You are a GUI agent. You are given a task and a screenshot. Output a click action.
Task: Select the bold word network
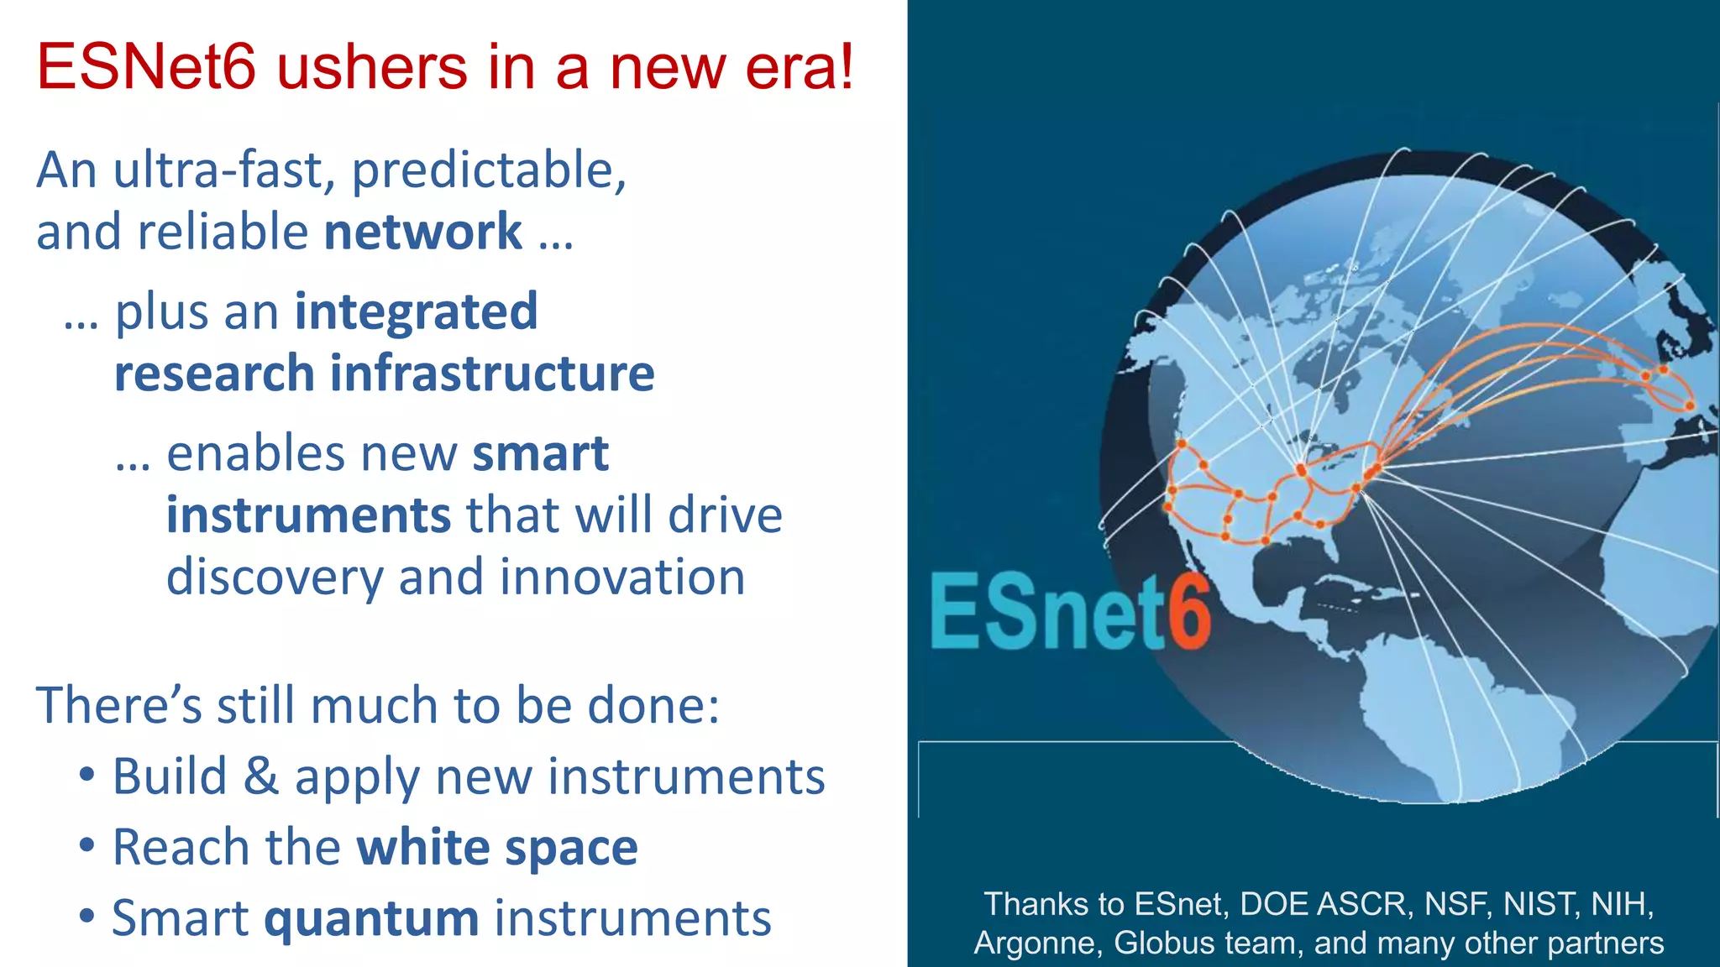pos(423,232)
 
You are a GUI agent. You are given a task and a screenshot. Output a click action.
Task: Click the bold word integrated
pos(416,311)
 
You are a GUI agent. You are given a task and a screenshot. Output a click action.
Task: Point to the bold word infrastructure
pos(492,374)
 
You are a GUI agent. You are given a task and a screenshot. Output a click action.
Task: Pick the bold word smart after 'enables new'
pos(540,454)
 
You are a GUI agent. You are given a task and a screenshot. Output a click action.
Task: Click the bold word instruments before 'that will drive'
pos(309,515)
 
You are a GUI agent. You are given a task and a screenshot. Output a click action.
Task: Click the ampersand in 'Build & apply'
pos(260,776)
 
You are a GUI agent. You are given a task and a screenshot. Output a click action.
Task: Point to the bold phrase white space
pos(497,847)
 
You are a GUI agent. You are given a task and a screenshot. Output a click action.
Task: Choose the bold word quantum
pos(371,917)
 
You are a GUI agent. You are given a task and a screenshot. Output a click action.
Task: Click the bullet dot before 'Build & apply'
pos(87,774)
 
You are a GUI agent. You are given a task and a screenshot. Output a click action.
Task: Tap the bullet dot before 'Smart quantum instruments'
pos(87,916)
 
